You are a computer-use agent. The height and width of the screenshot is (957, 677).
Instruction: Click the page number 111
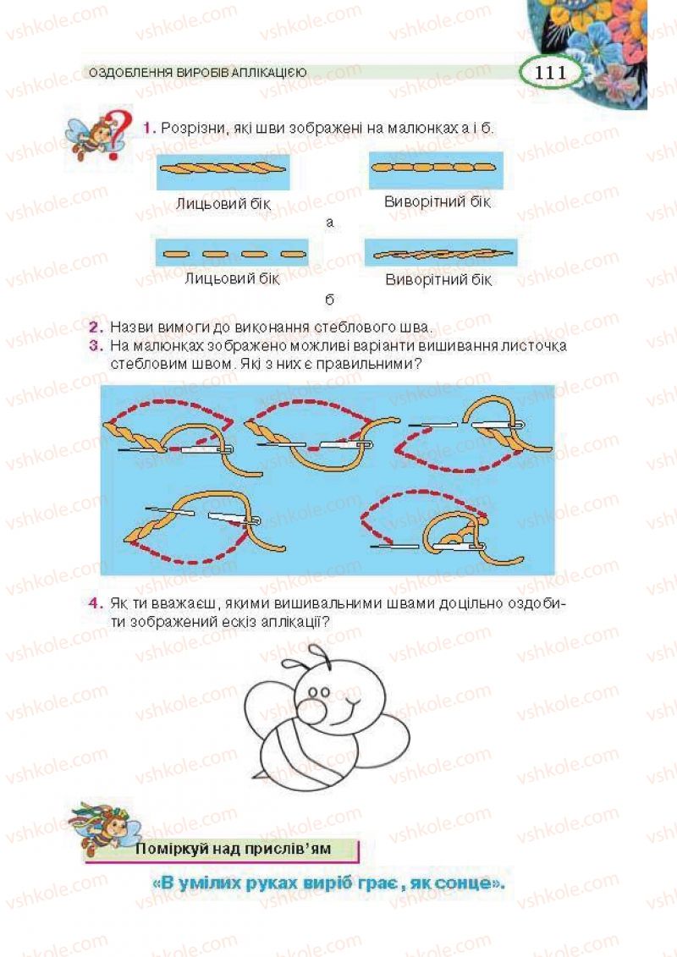(551, 73)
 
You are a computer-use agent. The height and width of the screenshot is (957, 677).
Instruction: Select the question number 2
(96, 327)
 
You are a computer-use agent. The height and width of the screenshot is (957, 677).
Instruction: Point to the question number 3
(96, 346)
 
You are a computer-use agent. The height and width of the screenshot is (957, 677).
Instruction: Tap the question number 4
(96, 603)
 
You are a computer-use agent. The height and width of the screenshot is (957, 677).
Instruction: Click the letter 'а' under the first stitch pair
(330, 223)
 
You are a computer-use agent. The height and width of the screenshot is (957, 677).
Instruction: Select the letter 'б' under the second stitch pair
(330, 299)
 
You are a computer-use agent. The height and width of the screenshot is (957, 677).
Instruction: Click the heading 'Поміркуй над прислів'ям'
(234, 849)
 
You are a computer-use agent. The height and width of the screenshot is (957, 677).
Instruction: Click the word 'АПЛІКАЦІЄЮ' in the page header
(267, 73)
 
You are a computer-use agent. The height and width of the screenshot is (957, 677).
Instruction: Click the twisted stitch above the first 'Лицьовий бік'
(223, 168)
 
